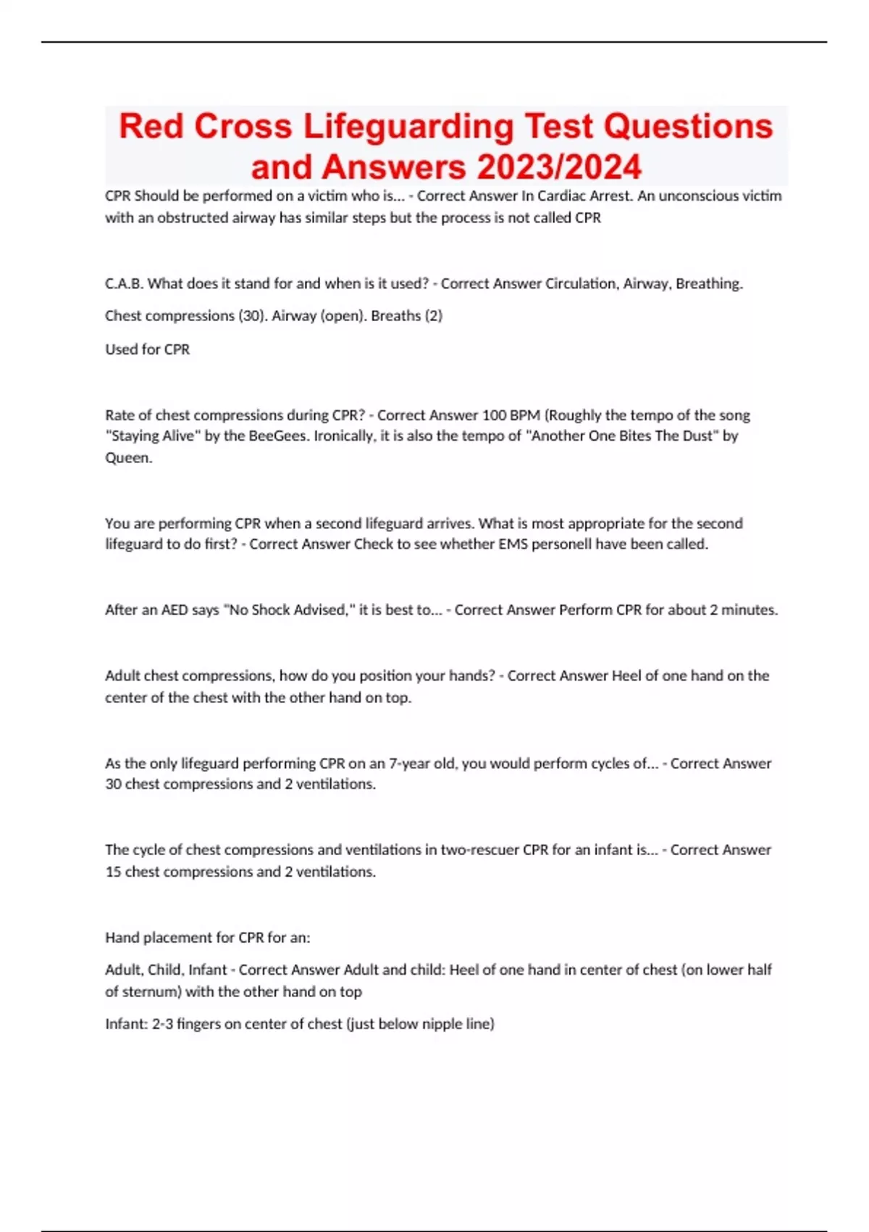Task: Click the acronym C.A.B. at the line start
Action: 124,283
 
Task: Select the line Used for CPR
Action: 147,349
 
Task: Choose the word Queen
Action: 128,458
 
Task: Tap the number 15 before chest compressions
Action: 113,872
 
